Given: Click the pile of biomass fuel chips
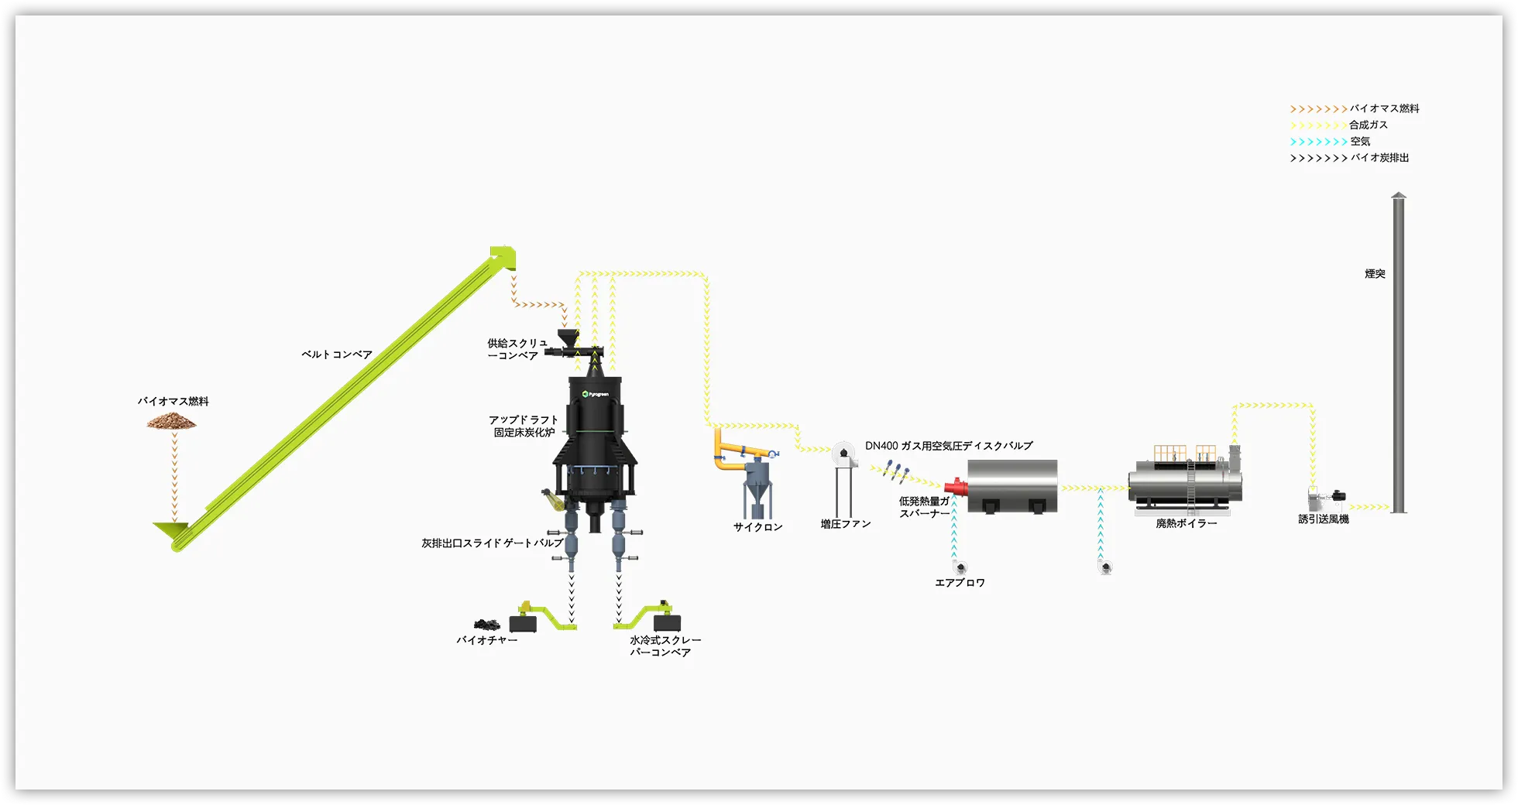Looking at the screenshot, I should (172, 421).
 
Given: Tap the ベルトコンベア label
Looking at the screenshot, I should (337, 355).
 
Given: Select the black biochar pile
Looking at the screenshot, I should (486, 624).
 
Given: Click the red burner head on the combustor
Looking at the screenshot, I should (956, 488).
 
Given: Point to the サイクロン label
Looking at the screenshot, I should (757, 527).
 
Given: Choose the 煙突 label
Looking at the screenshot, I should (1375, 274).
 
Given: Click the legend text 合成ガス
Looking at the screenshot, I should (1369, 125).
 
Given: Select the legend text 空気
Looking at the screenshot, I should (1360, 141).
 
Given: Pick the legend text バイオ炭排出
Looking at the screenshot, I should (1380, 158).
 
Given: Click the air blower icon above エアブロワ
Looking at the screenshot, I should (960, 568).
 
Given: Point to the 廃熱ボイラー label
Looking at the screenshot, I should (1186, 524).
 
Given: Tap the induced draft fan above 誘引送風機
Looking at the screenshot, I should (1326, 497).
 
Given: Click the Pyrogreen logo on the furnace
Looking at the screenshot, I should (596, 395).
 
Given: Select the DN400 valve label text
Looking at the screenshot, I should (949, 446).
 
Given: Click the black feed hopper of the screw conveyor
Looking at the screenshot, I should (568, 337).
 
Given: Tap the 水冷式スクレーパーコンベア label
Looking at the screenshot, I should (665, 646).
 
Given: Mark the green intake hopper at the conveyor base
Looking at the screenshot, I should (171, 531).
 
